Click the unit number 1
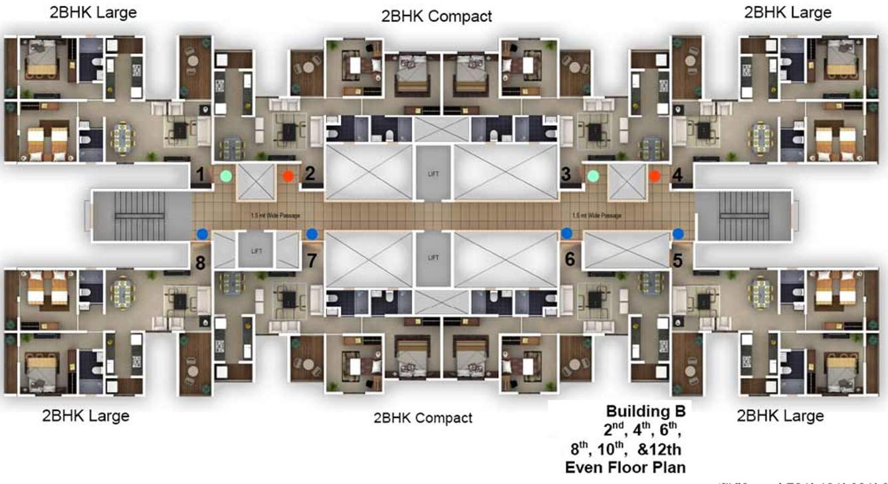point(199,175)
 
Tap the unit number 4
point(677,175)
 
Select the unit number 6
point(570,260)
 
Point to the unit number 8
point(200,263)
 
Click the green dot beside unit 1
point(226,176)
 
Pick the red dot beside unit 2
point(288,176)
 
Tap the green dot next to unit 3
point(594,176)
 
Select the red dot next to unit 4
point(655,176)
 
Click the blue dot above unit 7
point(311,233)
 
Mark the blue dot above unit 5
point(678,233)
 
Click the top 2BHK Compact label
point(437,16)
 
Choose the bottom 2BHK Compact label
point(423,418)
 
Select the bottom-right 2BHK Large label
point(780,416)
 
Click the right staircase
point(744,215)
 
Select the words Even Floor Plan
point(625,467)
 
